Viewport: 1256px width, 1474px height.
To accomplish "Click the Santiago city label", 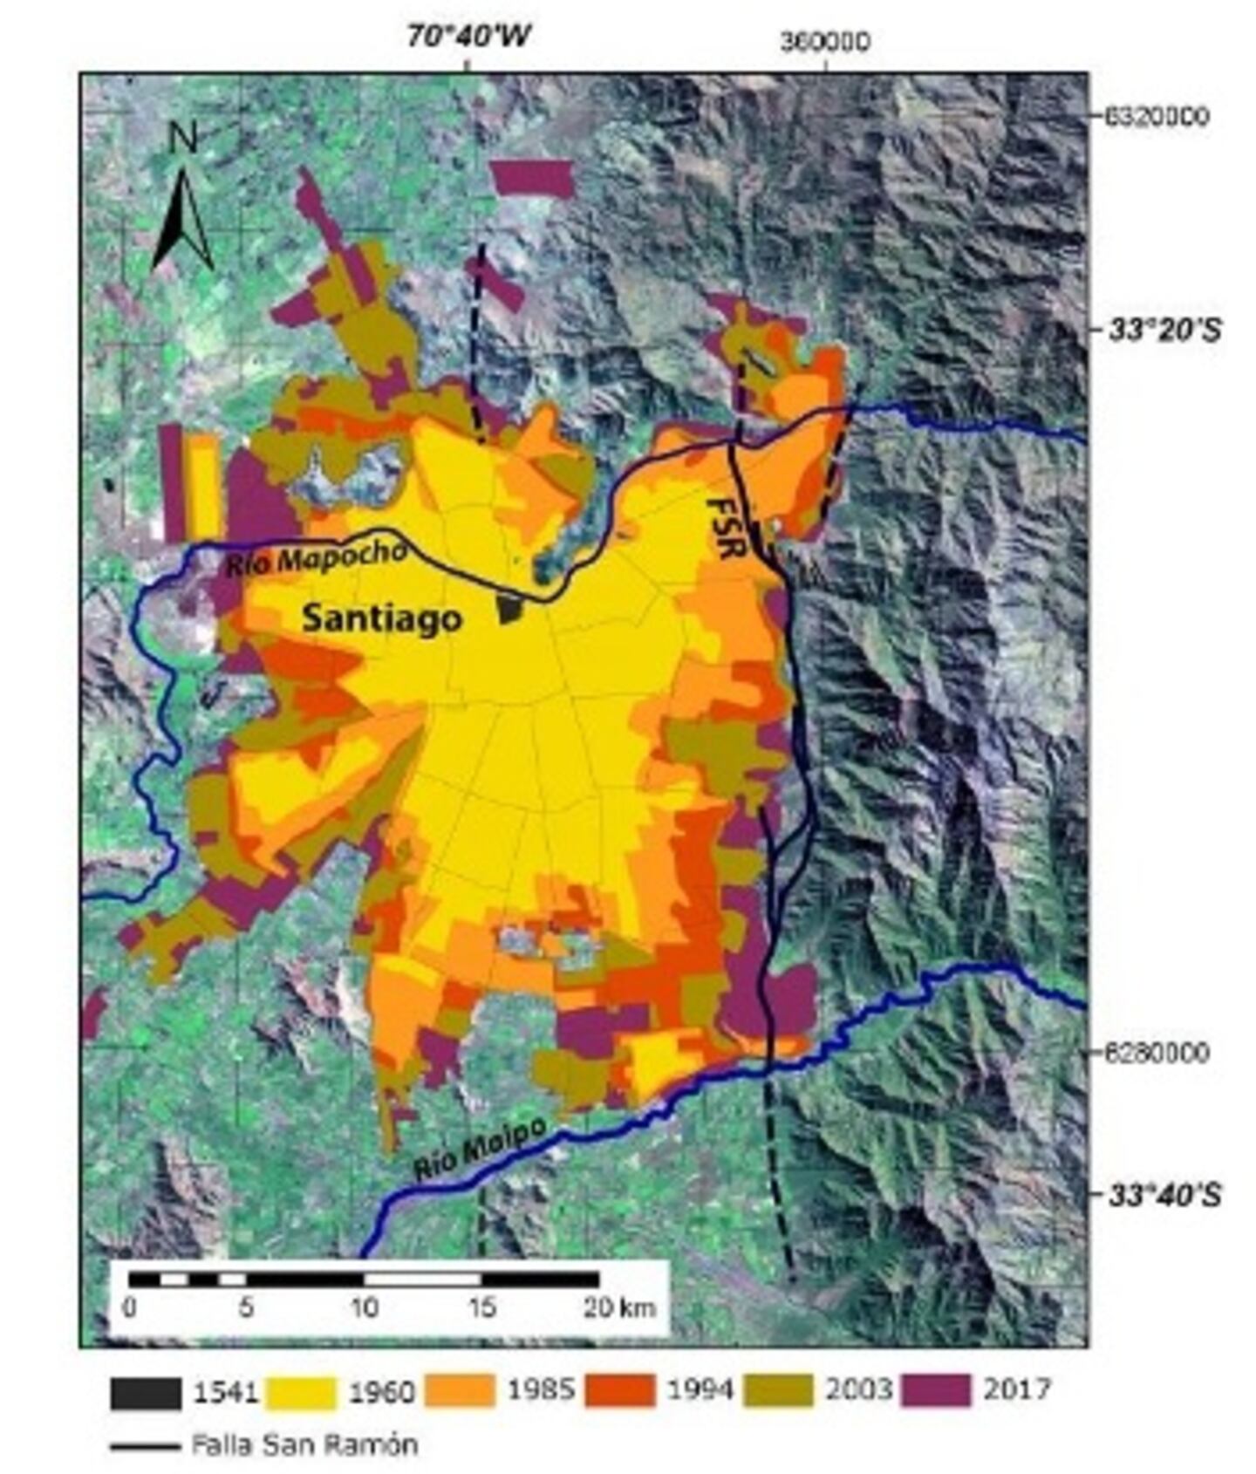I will tap(381, 618).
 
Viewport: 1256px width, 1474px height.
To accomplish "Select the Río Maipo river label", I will tap(481, 1150).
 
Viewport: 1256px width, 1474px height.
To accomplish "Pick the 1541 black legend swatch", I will tap(145, 1392).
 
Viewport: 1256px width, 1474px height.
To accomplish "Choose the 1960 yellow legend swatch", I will tap(301, 1392).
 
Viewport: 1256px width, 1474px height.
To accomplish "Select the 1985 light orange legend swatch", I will tap(460, 1390).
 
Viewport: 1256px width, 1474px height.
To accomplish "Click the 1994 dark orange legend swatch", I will tap(618, 1390).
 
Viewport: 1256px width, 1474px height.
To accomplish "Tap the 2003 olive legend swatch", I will tap(779, 1390).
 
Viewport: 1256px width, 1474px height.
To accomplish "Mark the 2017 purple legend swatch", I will tap(935, 1390).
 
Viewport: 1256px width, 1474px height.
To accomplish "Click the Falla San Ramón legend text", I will tap(304, 1444).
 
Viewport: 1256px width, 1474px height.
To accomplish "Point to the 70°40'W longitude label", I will tap(468, 37).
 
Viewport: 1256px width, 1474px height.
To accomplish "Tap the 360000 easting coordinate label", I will tap(824, 41).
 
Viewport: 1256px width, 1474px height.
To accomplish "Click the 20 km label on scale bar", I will tap(619, 1307).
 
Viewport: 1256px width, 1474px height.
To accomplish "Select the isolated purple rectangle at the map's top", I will tap(531, 179).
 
